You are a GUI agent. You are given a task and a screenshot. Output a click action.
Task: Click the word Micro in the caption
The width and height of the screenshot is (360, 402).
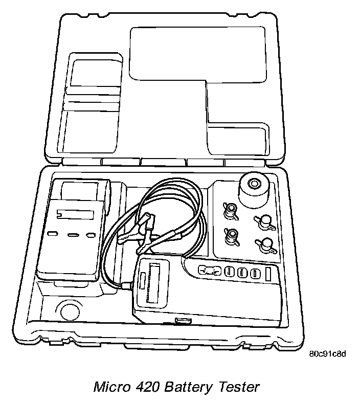(x=110, y=387)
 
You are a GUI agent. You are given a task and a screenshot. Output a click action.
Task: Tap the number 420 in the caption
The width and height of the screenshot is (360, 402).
(x=148, y=387)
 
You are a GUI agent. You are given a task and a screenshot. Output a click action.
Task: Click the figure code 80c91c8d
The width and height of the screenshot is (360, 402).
(x=327, y=353)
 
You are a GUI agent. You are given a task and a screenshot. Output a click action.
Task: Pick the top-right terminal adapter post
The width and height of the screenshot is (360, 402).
(x=264, y=220)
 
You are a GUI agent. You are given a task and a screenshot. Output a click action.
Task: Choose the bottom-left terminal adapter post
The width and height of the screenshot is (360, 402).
(x=231, y=235)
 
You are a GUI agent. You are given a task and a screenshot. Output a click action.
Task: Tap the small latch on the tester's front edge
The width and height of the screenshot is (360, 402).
(x=182, y=321)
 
